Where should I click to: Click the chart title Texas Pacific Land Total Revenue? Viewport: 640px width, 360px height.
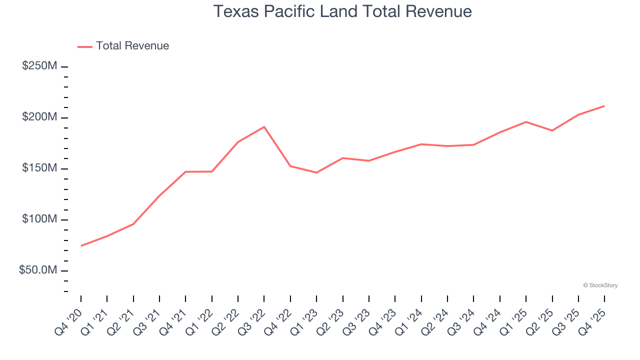tap(342, 11)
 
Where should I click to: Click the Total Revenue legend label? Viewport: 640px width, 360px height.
tap(132, 46)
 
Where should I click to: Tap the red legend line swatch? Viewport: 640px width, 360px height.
tap(85, 46)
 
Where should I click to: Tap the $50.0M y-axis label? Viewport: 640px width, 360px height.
tap(38, 270)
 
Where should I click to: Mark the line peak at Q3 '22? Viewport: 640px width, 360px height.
tap(264, 126)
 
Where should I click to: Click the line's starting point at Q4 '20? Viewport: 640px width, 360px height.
tap(81, 245)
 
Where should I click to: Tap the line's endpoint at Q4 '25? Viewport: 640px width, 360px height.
tap(604, 106)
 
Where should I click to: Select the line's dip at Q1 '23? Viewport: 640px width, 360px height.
tap(316, 172)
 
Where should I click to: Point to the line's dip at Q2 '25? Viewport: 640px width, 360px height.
tap(552, 130)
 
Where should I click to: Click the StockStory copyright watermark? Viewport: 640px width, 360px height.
tap(600, 285)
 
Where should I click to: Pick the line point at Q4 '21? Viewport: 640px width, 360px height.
tap(185, 171)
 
